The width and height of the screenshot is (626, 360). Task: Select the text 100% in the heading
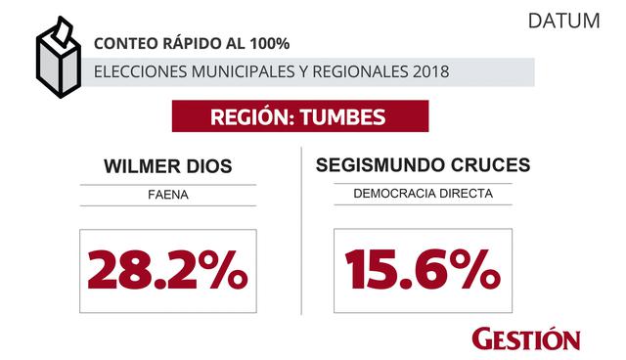click(268, 44)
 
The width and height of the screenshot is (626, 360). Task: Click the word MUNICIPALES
click(232, 72)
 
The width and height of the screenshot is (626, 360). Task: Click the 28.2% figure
click(166, 270)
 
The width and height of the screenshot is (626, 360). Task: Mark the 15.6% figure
click(422, 270)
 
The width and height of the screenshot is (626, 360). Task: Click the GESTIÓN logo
click(525, 337)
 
